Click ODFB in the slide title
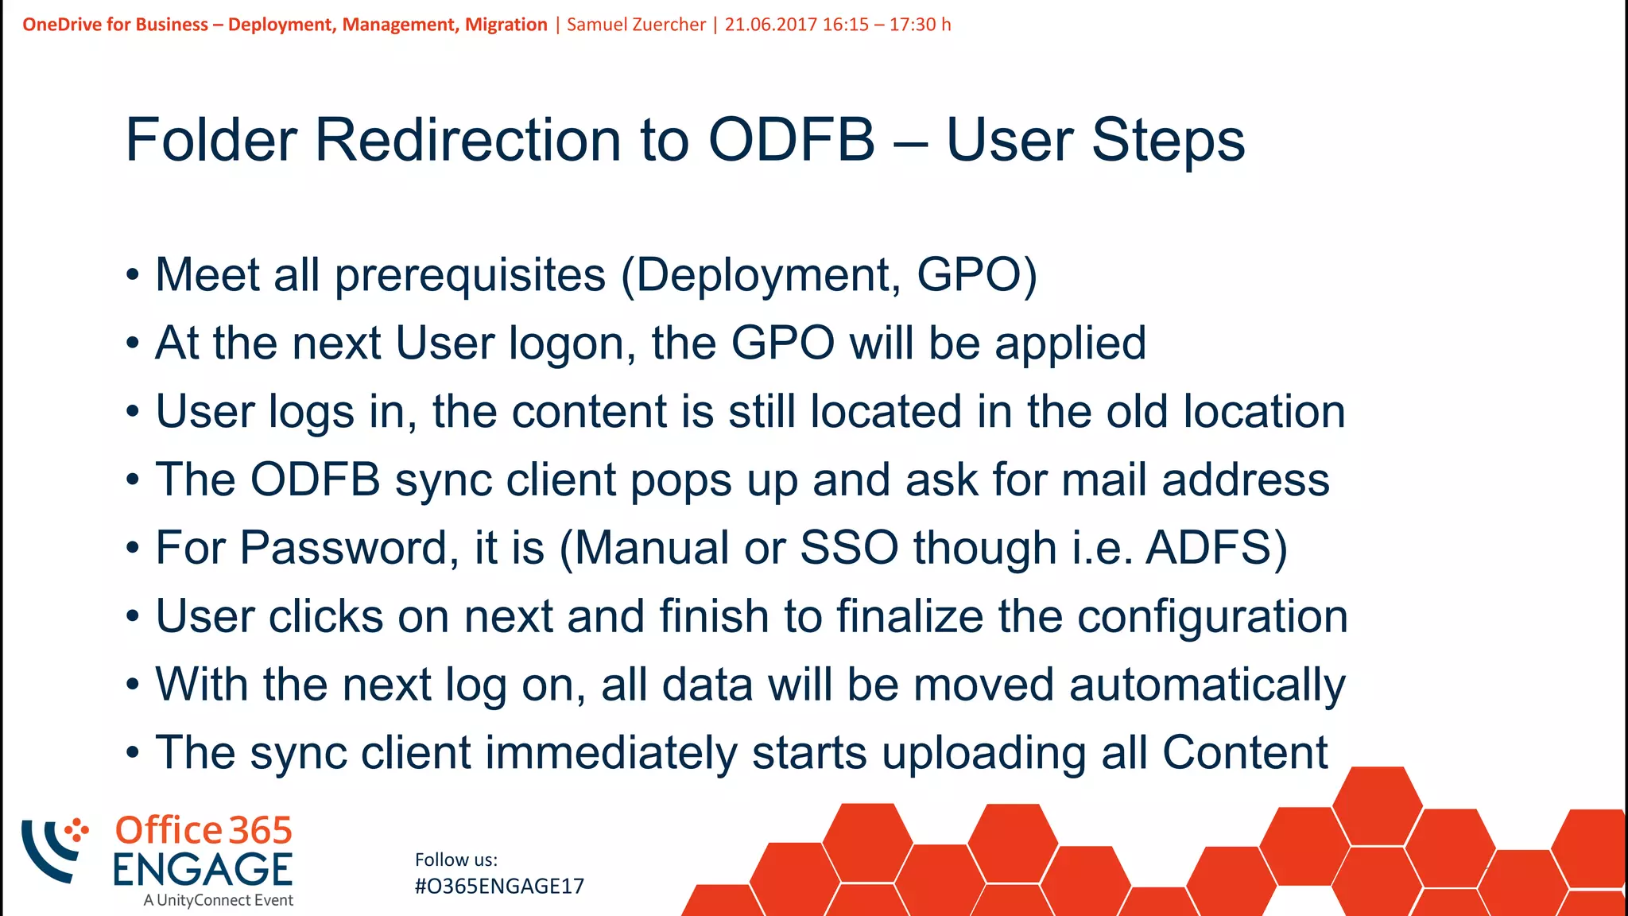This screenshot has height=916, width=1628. [792, 141]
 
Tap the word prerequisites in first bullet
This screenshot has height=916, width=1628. [470, 276]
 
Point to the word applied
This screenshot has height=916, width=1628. [1070, 344]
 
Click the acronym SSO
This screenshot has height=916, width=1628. [849, 549]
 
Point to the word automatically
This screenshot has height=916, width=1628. [1207, 685]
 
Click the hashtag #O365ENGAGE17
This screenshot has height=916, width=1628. [499, 887]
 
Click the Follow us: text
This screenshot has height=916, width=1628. [456, 860]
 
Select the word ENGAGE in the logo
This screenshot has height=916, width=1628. [203, 870]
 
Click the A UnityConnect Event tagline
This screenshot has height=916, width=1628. [219, 901]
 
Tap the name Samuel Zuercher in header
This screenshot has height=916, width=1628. [636, 25]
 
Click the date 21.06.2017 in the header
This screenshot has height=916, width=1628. [770, 25]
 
